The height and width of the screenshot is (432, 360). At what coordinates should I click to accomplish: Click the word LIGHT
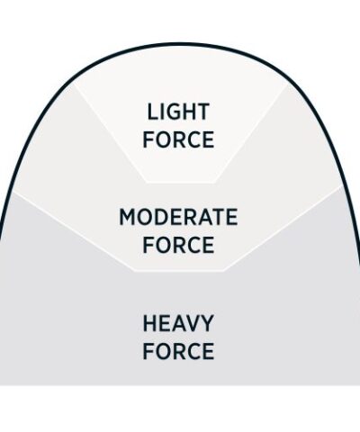pyautogui.click(x=178, y=112)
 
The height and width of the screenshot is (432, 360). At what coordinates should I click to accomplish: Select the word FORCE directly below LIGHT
pyautogui.click(x=178, y=139)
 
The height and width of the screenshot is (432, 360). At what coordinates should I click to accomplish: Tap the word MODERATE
pyautogui.click(x=178, y=217)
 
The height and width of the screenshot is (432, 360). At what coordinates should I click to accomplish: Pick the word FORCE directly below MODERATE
pyautogui.click(x=178, y=245)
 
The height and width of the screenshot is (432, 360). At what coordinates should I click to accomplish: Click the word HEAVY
pyautogui.click(x=178, y=323)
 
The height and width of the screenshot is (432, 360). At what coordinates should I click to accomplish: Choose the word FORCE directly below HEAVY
pyautogui.click(x=178, y=351)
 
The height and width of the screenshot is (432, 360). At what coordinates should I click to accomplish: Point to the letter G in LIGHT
pyautogui.click(x=173, y=112)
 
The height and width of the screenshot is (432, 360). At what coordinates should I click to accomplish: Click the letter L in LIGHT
pyautogui.click(x=152, y=112)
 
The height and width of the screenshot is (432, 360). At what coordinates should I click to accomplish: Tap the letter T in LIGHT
pyautogui.click(x=202, y=112)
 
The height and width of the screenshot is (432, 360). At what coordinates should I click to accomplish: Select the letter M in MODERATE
pyautogui.click(x=128, y=217)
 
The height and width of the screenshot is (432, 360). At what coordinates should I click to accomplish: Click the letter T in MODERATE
pyautogui.click(x=217, y=217)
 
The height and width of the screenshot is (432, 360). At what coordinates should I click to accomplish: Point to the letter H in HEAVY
pyautogui.click(x=149, y=323)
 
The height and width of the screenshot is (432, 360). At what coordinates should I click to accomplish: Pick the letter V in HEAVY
pyautogui.click(x=193, y=323)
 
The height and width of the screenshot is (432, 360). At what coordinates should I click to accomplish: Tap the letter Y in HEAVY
pyautogui.click(x=207, y=323)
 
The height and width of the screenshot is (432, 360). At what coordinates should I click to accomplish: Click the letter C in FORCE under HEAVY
pyautogui.click(x=193, y=351)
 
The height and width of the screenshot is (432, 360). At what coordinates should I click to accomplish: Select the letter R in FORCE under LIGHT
pyautogui.click(x=178, y=139)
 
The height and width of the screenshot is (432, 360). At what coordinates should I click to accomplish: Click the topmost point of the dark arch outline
pyautogui.click(x=179, y=44)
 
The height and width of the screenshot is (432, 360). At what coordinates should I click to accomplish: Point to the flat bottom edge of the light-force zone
pyautogui.click(x=180, y=183)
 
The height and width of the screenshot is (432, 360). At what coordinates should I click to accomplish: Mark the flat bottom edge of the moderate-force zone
pyautogui.click(x=178, y=271)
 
